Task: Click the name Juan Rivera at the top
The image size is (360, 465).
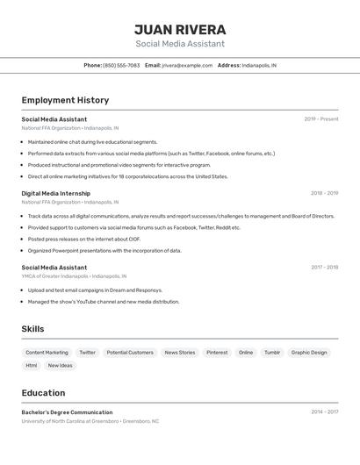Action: (180, 30)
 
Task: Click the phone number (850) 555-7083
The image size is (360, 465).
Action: (121, 65)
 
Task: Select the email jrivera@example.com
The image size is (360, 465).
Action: (187, 65)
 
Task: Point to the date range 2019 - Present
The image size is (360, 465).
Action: (321, 119)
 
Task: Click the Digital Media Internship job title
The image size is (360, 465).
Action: (56, 193)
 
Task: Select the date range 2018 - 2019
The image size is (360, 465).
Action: (324, 193)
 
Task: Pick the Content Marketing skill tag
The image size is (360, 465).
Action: (47, 353)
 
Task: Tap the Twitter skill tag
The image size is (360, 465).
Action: (88, 353)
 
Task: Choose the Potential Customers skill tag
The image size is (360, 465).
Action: (129, 353)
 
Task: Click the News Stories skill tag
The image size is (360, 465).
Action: (180, 353)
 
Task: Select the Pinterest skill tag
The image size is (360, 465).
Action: (217, 353)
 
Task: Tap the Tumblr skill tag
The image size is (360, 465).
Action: (272, 353)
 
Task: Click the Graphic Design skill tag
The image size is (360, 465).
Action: (309, 353)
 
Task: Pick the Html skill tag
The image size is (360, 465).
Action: (32, 365)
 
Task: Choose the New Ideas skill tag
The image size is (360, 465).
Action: (61, 365)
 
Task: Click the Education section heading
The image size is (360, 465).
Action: (43, 393)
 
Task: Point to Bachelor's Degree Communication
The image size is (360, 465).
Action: (67, 412)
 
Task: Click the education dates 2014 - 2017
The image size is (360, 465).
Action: (324, 411)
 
